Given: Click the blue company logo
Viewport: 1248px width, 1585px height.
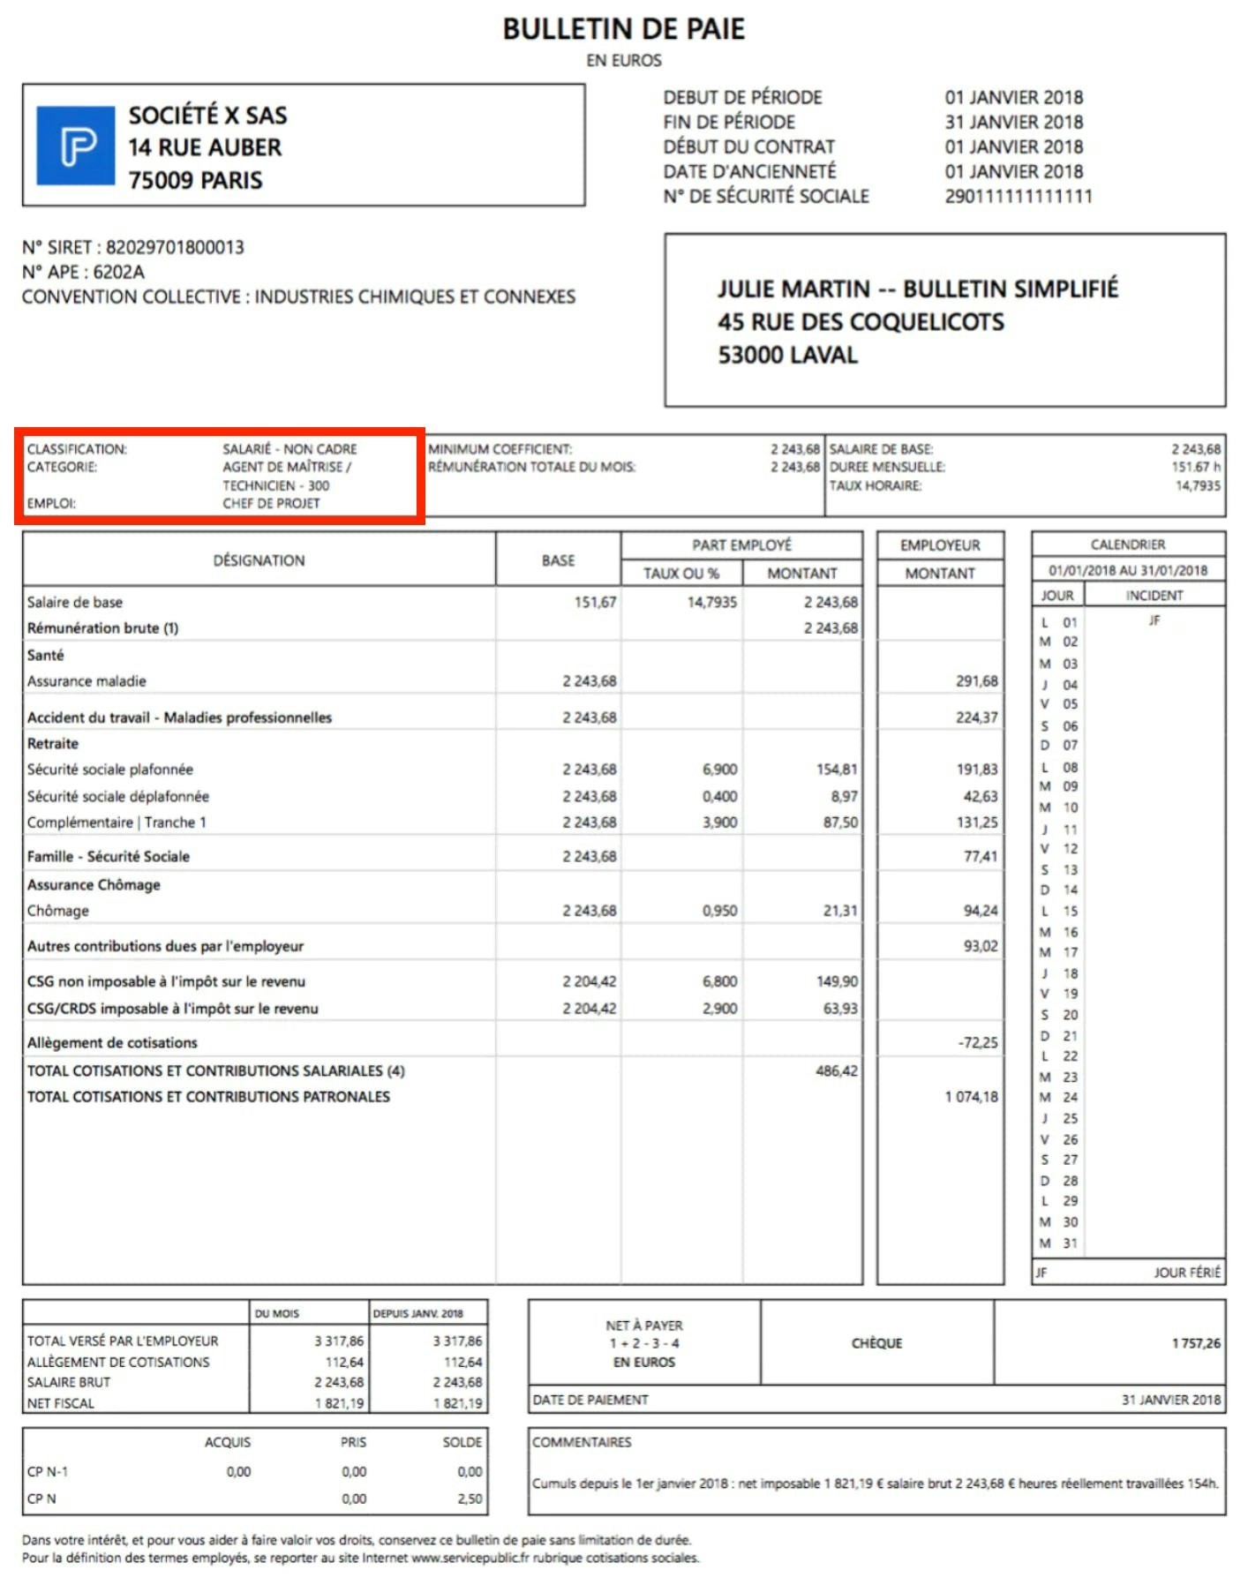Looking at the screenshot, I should pyautogui.click(x=76, y=146).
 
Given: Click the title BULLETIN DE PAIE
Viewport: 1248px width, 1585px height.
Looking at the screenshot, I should pyautogui.click(x=623, y=29).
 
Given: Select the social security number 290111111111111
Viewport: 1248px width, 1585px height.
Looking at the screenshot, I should pyautogui.click(x=1018, y=196).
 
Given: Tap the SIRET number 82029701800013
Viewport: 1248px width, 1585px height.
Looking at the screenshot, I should pyautogui.click(x=175, y=247).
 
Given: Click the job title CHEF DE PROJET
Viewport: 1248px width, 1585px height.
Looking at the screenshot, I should pyautogui.click(x=271, y=503).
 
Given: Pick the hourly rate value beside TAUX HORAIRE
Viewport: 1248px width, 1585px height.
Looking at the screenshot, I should pyautogui.click(x=1197, y=485).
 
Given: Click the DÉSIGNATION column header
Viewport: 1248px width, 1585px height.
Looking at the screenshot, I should pyautogui.click(x=259, y=560).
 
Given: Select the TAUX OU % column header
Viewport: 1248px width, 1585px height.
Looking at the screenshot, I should pyautogui.click(x=680, y=574).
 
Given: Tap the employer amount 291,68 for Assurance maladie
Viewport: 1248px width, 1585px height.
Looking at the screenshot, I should pyautogui.click(x=976, y=681).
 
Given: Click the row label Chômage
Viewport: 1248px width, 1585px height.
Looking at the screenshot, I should pyautogui.click(x=58, y=911).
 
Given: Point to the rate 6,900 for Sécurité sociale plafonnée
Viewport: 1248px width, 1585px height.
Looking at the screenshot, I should pyautogui.click(x=719, y=770).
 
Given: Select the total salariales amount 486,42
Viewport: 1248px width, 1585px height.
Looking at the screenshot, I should pyautogui.click(x=836, y=1070).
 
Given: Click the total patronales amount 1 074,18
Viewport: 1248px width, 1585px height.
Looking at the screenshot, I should pyautogui.click(x=971, y=1097).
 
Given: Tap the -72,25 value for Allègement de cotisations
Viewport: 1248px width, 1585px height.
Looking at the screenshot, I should pyautogui.click(x=977, y=1043).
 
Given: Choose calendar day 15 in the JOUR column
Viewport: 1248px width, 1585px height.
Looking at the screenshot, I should pyautogui.click(x=1070, y=911).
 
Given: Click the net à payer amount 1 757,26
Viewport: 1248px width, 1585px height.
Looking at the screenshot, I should pyautogui.click(x=1195, y=1343).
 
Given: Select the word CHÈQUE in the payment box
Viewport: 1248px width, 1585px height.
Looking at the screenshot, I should pyautogui.click(x=876, y=1343).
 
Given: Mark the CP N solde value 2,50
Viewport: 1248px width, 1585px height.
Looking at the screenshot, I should pyautogui.click(x=470, y=1499).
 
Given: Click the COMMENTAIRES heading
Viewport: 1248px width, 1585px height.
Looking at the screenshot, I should pyautogui.click(x=582, y=1442).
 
